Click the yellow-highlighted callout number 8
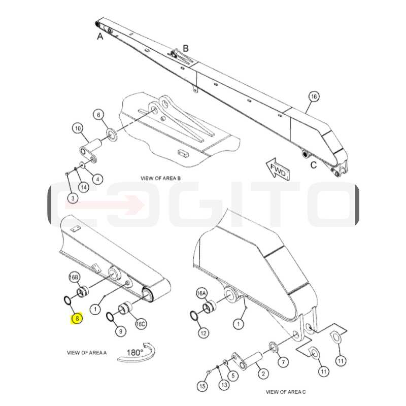click(77, 318)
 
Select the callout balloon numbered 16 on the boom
click(314, 96)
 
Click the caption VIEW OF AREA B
click(160, 178)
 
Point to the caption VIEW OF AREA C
click(286, 392)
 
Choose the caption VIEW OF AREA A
click(87, 352)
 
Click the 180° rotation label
click(135, 352)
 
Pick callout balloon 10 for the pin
click(78, 128)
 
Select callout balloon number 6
click(98, 115)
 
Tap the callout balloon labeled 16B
click(74, 277)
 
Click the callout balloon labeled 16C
click(141, 324)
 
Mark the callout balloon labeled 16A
click(201, 293)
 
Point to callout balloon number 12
click(204, 333)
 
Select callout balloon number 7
click(283, 362)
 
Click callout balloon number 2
click(263, 374)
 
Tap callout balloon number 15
click(202, 386)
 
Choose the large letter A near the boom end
click(100, 37)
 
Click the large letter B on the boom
click(186, 48)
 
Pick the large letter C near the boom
click(314, 165)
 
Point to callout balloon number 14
click(84, 187)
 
